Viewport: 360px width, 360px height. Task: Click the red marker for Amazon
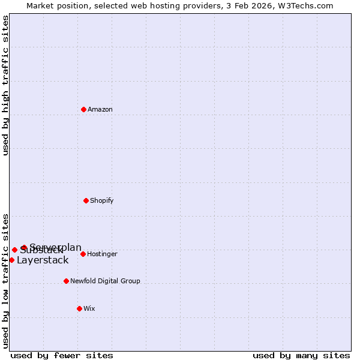(x=84, y=109)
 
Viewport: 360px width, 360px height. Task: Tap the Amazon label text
(x=100, y=109)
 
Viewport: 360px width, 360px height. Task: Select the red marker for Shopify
(x=86, y=200)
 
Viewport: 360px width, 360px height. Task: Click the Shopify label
(x=102, y=200)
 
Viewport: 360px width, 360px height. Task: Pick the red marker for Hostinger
(x=83, y=254)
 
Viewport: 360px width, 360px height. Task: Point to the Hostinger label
(x=102, y=254)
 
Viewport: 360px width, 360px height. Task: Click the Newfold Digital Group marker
(x=66, y=281)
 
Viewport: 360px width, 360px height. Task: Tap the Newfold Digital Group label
(x=105, y=281)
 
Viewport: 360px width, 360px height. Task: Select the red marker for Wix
(x=79, y=308)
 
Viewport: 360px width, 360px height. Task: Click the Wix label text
(x=89, y=308)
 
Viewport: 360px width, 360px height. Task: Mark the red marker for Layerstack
(x=11, y=260)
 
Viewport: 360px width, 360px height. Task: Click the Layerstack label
(x=43, y=260)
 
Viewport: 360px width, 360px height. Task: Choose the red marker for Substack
(x=14, y=250)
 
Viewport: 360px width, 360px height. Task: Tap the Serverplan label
(x=56, y=247)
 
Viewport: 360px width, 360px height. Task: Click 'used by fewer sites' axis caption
(x=62, y=355)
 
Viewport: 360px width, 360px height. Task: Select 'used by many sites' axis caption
(x=301, y=355)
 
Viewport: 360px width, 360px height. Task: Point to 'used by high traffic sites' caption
(x=6, y=86)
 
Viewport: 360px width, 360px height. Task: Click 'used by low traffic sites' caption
(x=6, y=281)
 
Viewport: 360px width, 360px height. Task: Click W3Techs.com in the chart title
(x=308, y=5)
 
